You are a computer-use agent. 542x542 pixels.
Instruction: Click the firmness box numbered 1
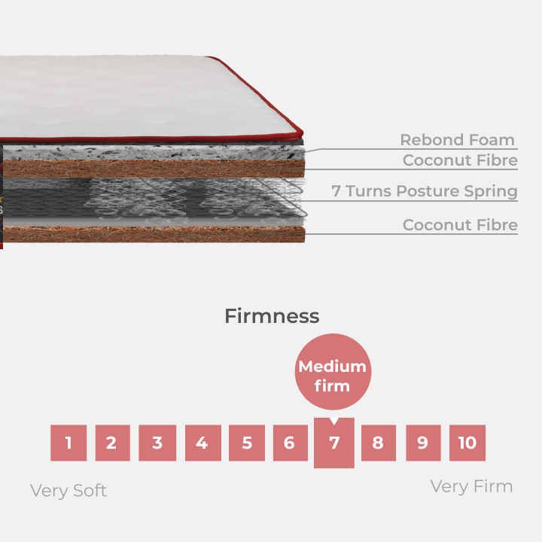click(69, 443)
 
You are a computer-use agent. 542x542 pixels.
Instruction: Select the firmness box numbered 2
click(112, 443)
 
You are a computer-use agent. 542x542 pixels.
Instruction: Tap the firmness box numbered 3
click(157, 443)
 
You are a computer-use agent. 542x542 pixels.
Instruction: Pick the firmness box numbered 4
click(202, 443)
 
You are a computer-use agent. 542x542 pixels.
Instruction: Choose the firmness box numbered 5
click(247, 443)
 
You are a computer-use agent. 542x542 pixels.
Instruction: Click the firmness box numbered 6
click(290, 443)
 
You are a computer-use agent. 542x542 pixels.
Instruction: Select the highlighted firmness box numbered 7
click(334, 443)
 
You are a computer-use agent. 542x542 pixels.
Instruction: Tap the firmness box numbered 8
click(378, 443)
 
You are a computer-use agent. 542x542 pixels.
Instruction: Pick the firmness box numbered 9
click(423, 443)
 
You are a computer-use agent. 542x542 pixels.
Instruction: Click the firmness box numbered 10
click(467, 443)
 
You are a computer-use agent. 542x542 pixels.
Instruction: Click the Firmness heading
click(272, 316)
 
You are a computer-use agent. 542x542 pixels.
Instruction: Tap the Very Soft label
click(69, 491)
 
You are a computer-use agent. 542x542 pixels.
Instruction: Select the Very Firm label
click(471, 486)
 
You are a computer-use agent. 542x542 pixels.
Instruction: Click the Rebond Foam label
click(457, 140)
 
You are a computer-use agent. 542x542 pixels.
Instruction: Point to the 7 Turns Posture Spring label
click(425, 191)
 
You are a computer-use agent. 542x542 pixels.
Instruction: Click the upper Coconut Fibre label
click(460, 160)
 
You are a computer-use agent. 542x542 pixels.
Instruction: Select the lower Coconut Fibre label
click(460, 225)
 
